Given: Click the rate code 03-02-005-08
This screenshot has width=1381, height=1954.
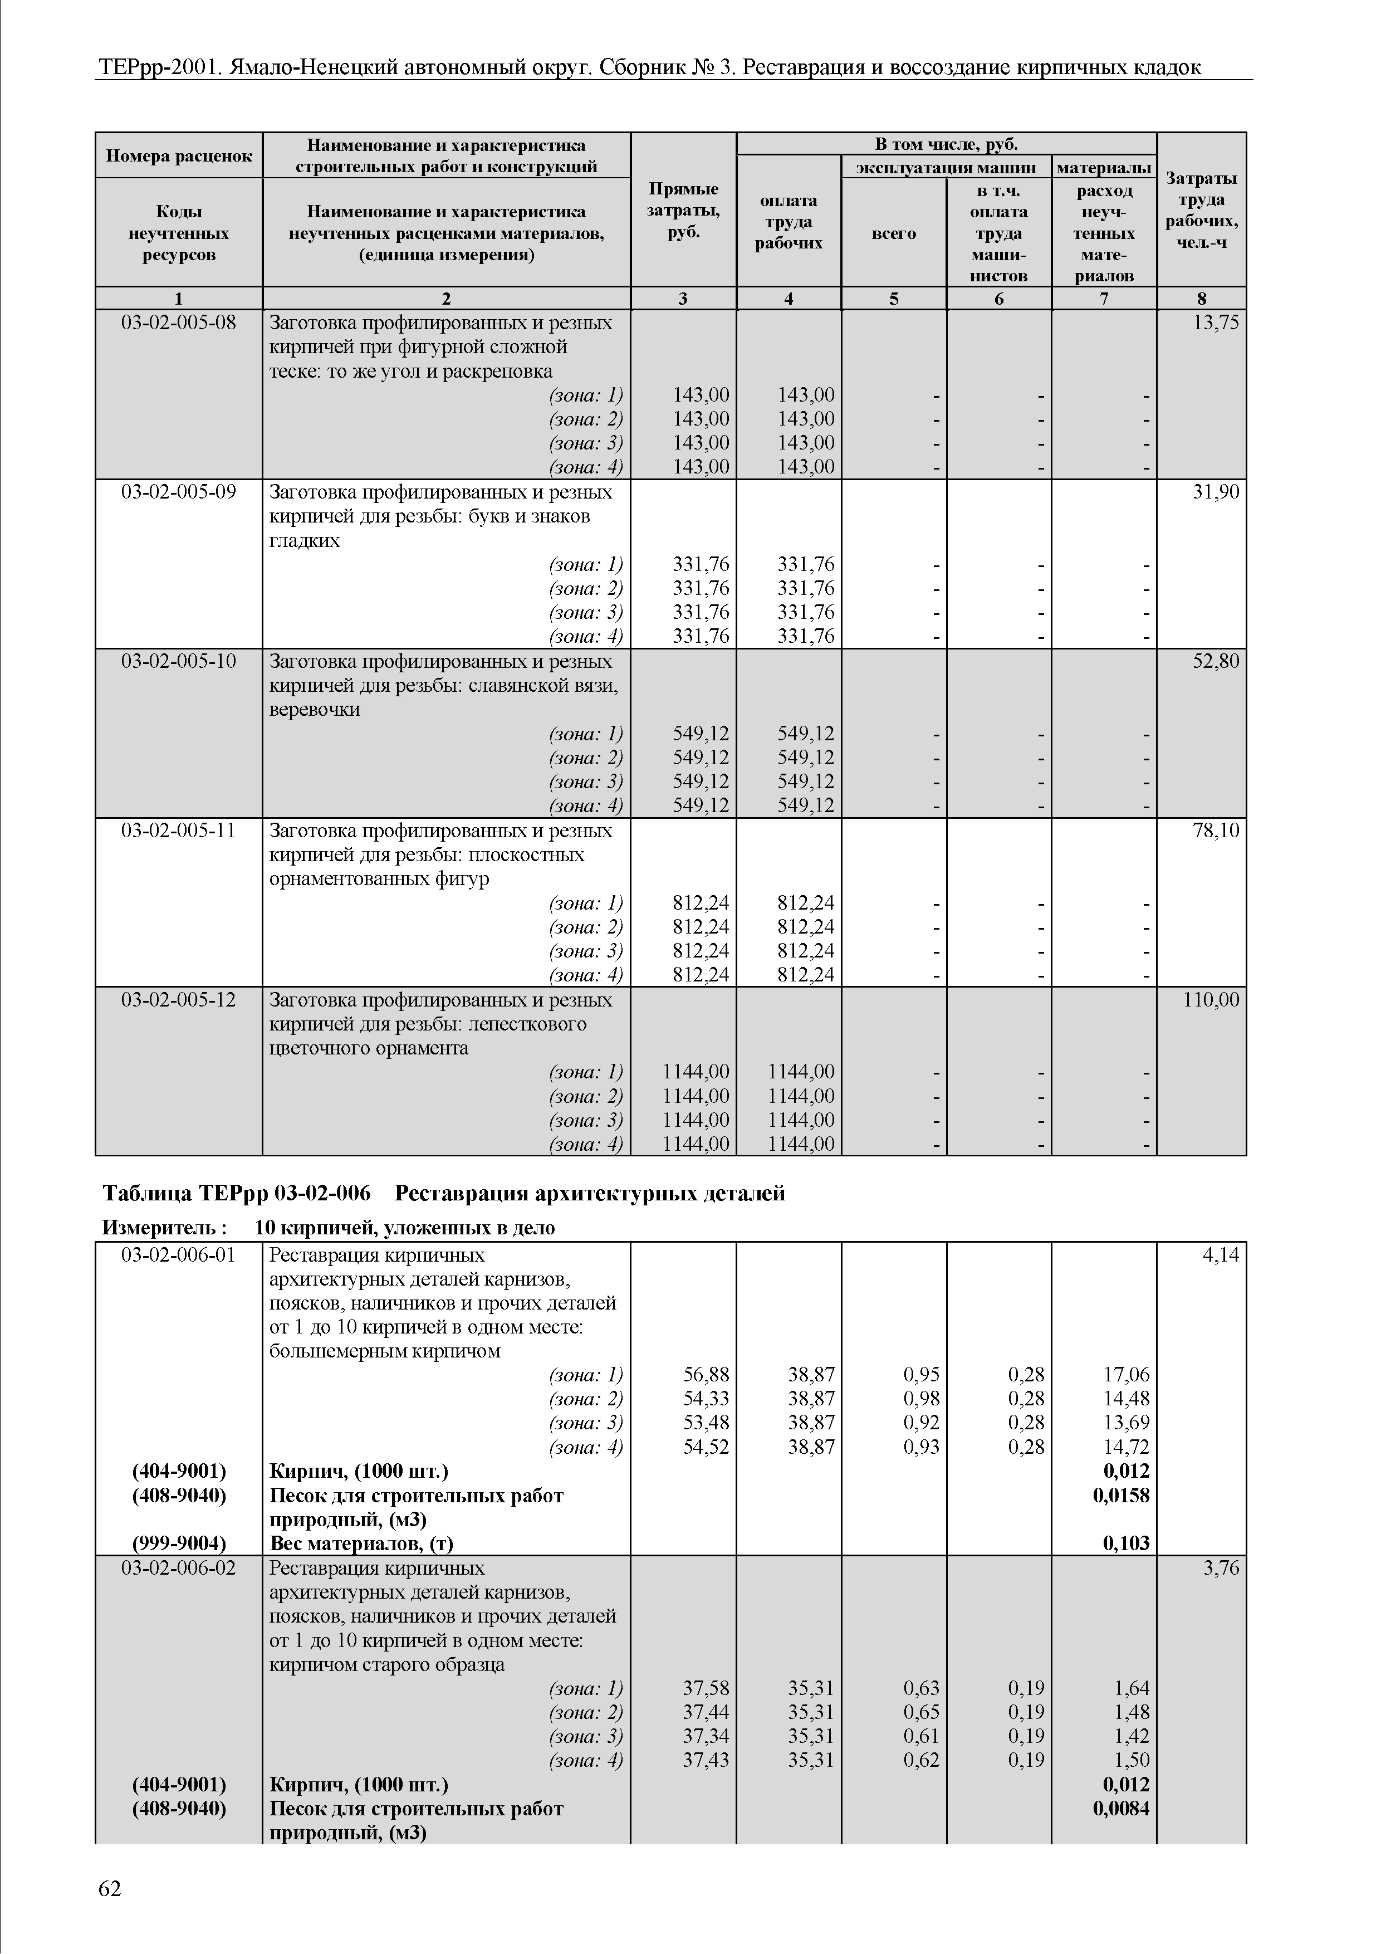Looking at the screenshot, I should click(179, 323).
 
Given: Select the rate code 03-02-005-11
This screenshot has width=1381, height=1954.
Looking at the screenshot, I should click(179, 830).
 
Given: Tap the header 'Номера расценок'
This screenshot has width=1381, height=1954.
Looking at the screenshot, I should click(179, 156).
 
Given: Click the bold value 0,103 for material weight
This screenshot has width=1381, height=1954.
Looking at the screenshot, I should click(1126, 1543).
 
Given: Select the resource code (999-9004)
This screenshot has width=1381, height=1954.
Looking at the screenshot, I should click(179, 1543).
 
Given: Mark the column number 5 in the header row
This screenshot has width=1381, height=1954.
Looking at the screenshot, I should click(893, 298).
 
